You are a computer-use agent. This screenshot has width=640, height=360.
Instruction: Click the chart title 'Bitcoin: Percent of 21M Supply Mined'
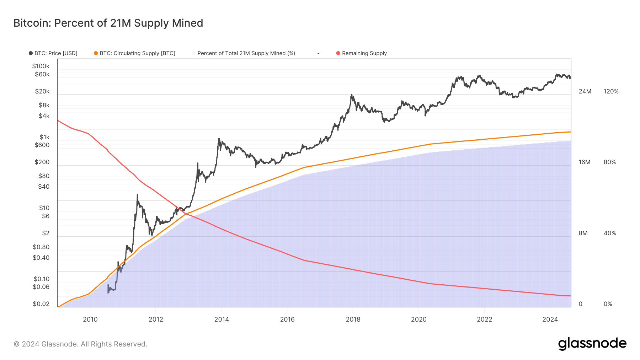coord(108,23)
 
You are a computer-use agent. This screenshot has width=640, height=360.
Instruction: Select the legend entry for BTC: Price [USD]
coord(55,53)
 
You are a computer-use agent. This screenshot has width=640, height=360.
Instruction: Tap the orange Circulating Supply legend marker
coord(96,53)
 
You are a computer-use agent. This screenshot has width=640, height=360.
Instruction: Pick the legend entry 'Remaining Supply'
coord(364,53)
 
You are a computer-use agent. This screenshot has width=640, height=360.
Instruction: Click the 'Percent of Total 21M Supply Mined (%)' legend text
coord(246,53)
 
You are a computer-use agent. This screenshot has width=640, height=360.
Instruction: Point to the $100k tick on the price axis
coord(41,66)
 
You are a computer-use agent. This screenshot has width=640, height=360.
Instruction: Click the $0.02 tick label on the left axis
coord(41,304)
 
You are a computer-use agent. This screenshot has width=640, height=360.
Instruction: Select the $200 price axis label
coord(42,162)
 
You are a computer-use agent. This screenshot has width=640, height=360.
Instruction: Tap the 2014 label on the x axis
coord(222,319)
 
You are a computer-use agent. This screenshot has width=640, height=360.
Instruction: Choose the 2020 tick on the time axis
coord(418,319)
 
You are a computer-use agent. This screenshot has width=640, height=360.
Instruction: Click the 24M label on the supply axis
coord(585,91)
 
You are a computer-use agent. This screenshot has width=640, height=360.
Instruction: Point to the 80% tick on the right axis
coord(609,162)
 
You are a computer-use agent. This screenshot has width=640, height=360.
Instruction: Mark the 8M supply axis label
coord(583,233)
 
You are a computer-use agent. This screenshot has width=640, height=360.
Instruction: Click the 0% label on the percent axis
coord(608,304)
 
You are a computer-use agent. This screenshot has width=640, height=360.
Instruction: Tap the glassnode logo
coord(592,344)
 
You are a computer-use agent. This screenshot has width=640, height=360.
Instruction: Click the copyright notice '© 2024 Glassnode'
coord(80,344)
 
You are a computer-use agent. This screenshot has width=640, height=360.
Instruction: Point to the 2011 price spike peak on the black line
coord(137,195)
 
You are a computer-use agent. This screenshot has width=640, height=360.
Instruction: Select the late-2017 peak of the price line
coord(352,95)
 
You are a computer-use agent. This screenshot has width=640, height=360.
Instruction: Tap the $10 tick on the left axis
coord(44,208)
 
